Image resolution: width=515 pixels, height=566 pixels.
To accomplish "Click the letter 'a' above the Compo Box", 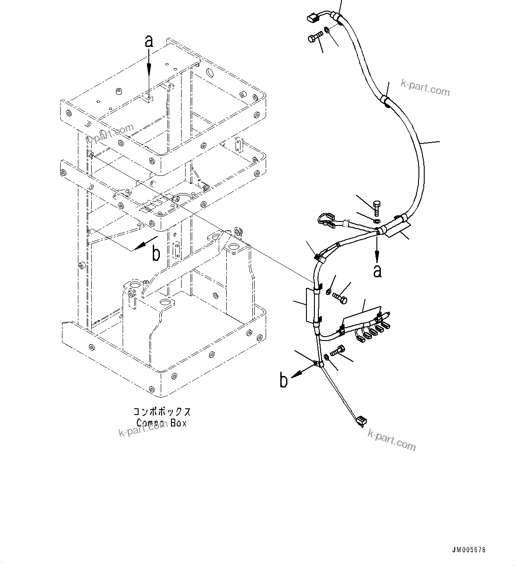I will coord(149,42).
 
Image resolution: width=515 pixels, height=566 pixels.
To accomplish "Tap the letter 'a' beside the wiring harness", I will coord(377,271).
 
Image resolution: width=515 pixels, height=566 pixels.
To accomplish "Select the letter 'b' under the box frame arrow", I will coord(156,254).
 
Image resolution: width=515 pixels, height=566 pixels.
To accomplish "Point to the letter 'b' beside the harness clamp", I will coord(284,380).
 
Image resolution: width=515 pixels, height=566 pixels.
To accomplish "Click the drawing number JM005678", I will coord(469,550).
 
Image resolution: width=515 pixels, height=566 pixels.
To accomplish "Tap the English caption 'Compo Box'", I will coord(161,423).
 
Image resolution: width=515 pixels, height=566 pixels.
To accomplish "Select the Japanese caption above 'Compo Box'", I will coord(163,412).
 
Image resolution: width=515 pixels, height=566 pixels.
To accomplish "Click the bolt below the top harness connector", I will coord(314,39).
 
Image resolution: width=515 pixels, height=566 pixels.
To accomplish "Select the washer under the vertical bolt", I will coord(376,221).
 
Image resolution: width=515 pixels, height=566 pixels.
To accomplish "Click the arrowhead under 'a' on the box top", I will coord(149,67).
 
